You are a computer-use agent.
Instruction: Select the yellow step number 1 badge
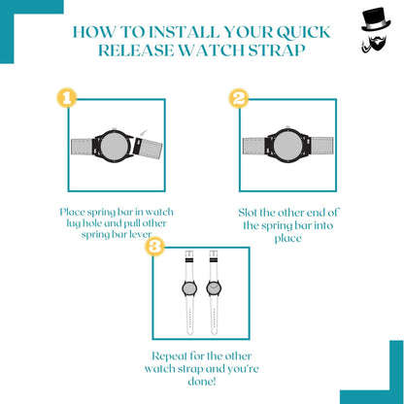pos(66,97)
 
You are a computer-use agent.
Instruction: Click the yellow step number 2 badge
pos(238,98)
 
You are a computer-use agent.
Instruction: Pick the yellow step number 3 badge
pos(152,249)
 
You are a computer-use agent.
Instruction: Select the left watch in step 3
pos(188,289)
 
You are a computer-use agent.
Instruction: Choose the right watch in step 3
pos(214,289)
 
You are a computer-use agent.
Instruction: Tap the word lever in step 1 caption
pos(147,235)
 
